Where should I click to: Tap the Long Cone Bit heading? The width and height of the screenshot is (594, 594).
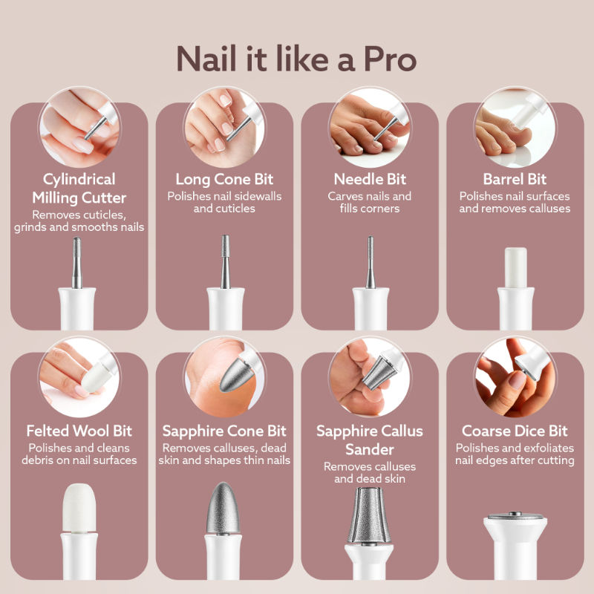click(x=224, y=179)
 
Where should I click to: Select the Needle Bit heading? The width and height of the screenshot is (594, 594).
click(x=369, y=179)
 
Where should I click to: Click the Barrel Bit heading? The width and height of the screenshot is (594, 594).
click(x=515, y=179)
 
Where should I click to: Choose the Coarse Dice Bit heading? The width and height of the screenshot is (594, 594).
click(x=515, y=431)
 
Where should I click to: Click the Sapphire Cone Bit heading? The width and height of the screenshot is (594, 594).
click(x=224, y=431)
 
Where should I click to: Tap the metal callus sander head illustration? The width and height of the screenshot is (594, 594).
click(x=369, y=520)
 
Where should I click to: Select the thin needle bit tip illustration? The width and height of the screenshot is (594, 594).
click(x=370, y=260)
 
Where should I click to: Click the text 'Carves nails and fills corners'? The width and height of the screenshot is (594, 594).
click(x=369, y=202)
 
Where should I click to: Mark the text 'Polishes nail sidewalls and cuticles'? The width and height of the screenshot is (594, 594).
click(x=224, y=202)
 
